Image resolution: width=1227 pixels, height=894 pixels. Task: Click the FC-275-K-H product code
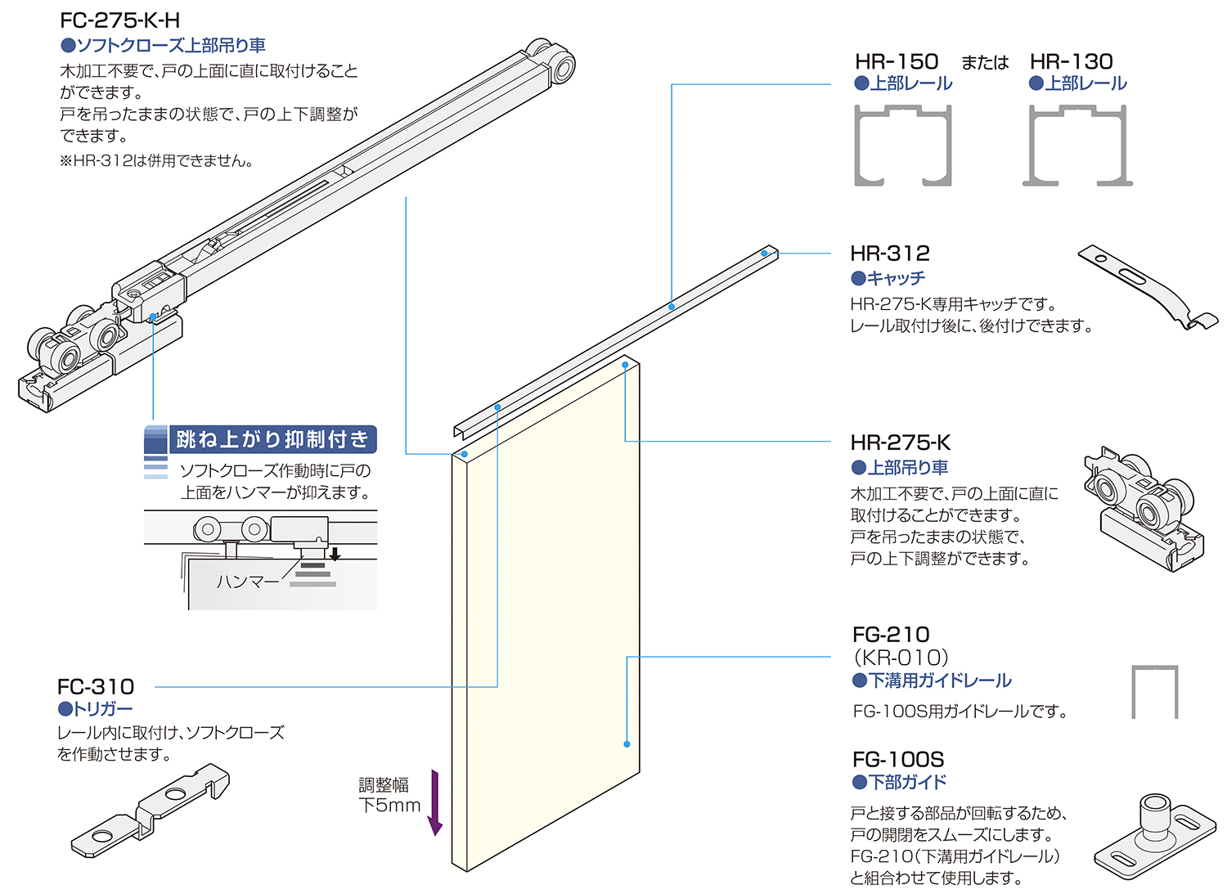pyautogui.click(x=119, y=20)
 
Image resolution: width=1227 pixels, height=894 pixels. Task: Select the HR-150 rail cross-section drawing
pyautogui.click(x=903, y=146)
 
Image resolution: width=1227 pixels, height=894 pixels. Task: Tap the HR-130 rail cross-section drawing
pyautogui.click(x=1077, y=146)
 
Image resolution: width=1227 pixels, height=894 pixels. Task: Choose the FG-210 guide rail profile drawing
pyautogui.click(x=1154, y=691)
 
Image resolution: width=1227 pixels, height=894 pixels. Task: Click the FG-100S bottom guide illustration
pyautogui.click(x=1154, y=835)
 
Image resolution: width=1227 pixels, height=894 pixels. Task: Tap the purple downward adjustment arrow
pyautogui.click(x=435, y=802)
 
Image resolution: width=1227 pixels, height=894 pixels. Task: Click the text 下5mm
pyautogui.click(x=389, y=806)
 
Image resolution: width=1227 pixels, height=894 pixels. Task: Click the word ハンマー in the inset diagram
pyautogui.click(x=248, y=582)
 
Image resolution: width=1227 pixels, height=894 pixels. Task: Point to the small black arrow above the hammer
pyautogui.click(x=335, y=554)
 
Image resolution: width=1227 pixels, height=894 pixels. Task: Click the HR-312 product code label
pyautogui.click(x=890, y=254)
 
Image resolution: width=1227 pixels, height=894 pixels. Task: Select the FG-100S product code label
pyautogui.click(x=897, y=759)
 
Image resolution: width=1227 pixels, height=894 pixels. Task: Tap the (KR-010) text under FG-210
pyautogui.click(x=900, y=658)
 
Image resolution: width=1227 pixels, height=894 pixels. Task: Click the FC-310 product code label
pyautogui.click(x=96, y=686)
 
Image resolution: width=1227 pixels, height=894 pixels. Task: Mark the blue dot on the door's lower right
pyautogui.click(x=627, y=744)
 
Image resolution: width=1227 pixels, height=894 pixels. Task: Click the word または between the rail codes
pyautogui.click(x=985, y=63)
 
